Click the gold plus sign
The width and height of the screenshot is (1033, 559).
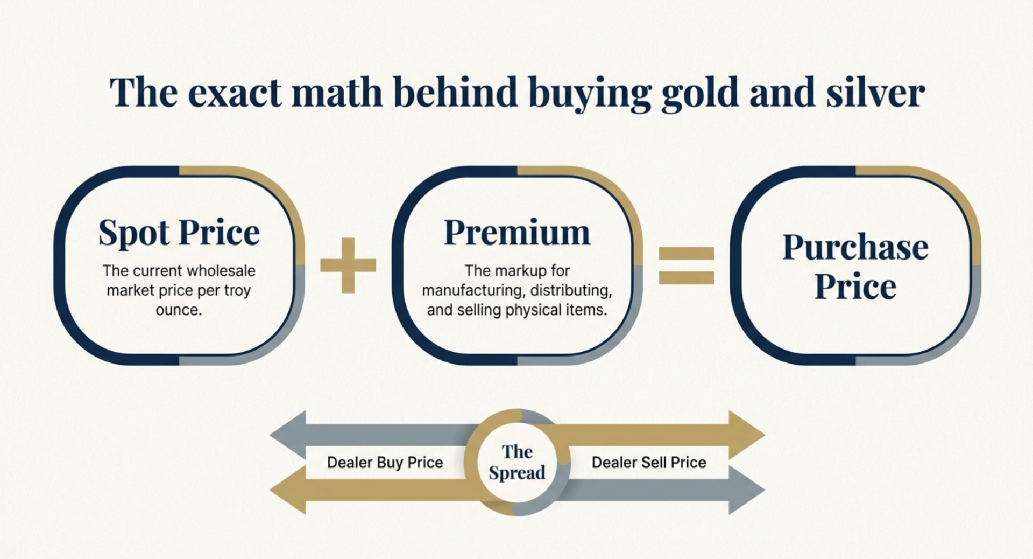(x=348, y=265)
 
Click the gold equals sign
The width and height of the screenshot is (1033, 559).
(x=687, y=265)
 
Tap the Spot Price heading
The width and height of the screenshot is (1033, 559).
(x=179, y=233)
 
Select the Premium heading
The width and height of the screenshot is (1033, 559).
(x=517, y=233)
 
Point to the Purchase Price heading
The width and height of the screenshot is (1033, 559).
(x=855, y=266)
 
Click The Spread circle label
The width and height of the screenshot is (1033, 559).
(x=517, y=462)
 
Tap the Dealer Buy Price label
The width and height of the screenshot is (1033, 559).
(x=385, y=462)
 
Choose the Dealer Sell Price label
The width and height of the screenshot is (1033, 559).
(x=649, y=462)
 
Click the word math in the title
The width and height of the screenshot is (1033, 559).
(x=337, y=93)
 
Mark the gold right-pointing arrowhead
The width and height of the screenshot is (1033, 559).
(x=747, y=435)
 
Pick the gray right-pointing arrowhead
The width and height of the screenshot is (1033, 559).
(x=747, y=490)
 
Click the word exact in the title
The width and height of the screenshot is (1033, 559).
(x=235, y=93)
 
